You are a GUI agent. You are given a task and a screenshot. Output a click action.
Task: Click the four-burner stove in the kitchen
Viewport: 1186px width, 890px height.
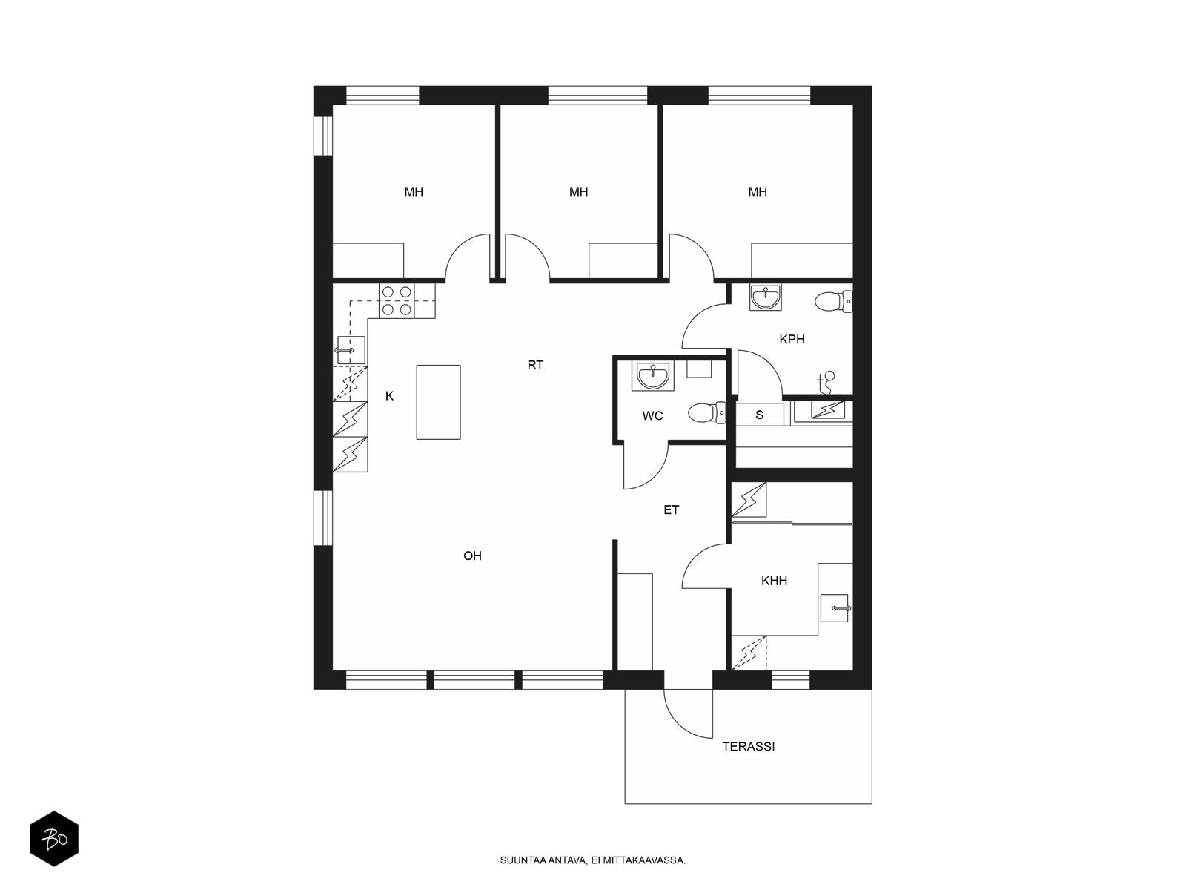coord(397,300)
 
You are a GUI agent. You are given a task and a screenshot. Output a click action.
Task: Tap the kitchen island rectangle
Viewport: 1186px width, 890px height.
coord(437,402)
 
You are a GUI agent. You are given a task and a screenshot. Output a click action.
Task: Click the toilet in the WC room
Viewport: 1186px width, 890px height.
coord(706,413)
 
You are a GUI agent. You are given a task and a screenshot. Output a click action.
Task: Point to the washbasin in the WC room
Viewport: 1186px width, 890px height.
coord(653,375)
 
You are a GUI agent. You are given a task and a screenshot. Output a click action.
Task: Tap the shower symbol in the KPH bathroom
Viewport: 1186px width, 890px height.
coord(826,382)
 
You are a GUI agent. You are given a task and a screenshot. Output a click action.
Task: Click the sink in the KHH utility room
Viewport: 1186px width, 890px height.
coord(834,608)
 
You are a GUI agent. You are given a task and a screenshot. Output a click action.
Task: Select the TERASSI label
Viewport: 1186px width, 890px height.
coord(749,747)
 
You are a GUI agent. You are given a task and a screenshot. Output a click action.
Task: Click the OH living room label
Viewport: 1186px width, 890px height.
coord(472,556)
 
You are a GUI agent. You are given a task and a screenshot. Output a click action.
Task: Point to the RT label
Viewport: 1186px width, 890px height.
coord(535,366)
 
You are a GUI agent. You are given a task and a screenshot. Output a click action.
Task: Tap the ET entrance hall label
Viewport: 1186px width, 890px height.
coord(671,510)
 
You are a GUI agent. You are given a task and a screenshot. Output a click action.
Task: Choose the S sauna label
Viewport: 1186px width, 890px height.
coord(759,415)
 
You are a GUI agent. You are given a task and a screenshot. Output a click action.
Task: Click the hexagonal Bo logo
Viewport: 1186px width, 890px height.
coord(54,839)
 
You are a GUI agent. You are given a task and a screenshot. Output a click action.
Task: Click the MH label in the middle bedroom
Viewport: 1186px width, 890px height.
coord(578,192)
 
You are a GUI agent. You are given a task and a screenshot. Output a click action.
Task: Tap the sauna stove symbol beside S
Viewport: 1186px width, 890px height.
coord(826,409)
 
